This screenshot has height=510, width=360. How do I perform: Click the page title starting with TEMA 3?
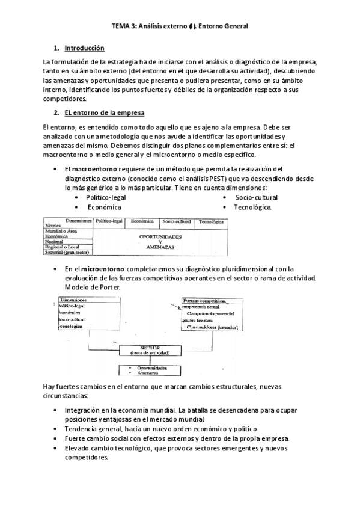coord(180,26)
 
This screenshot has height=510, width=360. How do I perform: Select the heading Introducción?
coord(84,48)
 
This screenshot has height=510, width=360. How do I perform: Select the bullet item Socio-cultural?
coord(257,197)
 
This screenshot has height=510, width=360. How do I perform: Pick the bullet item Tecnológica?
coord(253,207)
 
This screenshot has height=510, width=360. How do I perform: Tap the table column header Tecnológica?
coord(212,222)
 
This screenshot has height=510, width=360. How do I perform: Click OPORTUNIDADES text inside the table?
coord(160,236)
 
